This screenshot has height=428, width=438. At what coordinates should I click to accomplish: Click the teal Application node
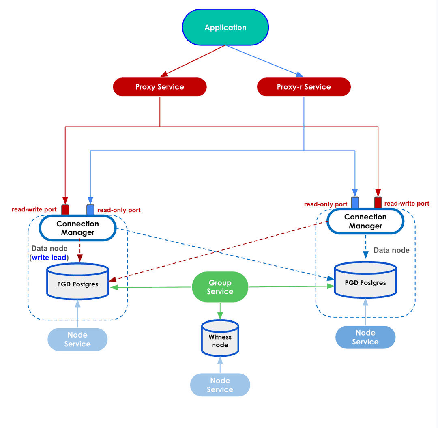[225, 27]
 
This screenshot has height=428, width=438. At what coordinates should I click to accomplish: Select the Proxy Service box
[159, 87]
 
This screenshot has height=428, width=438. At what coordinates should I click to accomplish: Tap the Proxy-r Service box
[303, 87]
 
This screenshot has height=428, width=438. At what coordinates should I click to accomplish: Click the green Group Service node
[220, 287]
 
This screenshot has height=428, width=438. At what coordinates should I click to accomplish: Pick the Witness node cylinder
[220, 339]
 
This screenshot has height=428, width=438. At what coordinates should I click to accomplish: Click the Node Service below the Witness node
[220, 385]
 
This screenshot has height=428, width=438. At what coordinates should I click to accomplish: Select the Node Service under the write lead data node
[77, 339]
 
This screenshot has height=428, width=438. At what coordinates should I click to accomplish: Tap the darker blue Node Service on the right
[365, 337]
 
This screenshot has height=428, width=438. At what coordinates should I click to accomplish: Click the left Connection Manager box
[77, 228]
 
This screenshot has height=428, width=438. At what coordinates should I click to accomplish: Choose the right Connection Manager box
[365, 221]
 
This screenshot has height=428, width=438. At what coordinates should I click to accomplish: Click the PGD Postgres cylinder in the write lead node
[77, 282]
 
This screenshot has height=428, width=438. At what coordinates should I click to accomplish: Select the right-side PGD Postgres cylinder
[365, 280]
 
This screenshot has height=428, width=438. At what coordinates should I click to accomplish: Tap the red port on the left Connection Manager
[65, 209]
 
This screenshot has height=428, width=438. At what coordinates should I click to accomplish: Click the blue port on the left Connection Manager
[90, 209]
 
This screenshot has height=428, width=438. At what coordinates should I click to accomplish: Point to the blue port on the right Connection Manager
[355, 202]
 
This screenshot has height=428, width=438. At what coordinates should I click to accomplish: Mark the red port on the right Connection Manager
[378, 202]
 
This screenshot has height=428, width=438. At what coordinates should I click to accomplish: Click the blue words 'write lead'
[49, 258]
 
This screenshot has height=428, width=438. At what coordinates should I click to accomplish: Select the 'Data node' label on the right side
[391, 250]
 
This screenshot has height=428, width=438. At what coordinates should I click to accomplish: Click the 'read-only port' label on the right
[325, 204]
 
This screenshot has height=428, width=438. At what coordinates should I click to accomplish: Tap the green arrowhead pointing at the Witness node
[220, 316]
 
